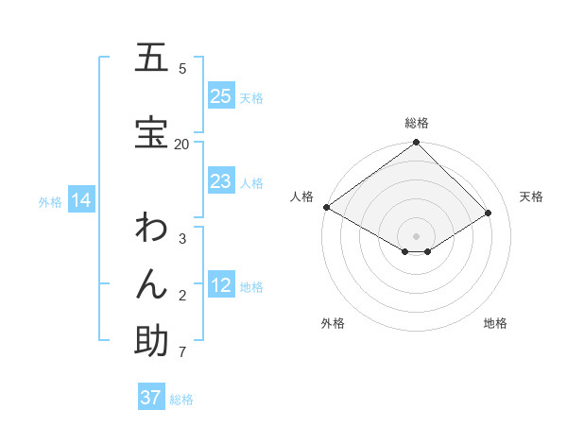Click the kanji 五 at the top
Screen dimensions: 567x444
click(151, 58)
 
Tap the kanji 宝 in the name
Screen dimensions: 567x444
click(151, 133)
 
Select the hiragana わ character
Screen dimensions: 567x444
click(151, 228)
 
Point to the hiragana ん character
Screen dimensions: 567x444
click(151, 284)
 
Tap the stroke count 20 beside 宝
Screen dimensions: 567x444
click(181, 144)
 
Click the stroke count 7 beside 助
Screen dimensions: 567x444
click(181, 352)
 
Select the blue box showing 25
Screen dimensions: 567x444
click(221, 96)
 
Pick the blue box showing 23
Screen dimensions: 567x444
click(221, 181)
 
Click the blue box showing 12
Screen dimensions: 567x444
click(221, 285)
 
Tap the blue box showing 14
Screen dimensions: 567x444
click(80, 200)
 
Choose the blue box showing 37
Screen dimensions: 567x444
click(150, 398)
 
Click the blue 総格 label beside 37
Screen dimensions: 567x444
click(181, 400)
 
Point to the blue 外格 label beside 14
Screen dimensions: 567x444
click(50, 201)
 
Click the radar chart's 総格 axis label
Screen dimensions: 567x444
click(416, 123)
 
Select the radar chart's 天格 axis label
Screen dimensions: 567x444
click(531, 196)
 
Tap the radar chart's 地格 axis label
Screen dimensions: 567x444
click(495, 323)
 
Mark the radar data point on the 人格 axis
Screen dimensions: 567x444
click(326, 207)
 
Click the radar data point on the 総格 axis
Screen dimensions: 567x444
click(416, 143)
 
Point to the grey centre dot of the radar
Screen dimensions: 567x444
click(416, 235)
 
